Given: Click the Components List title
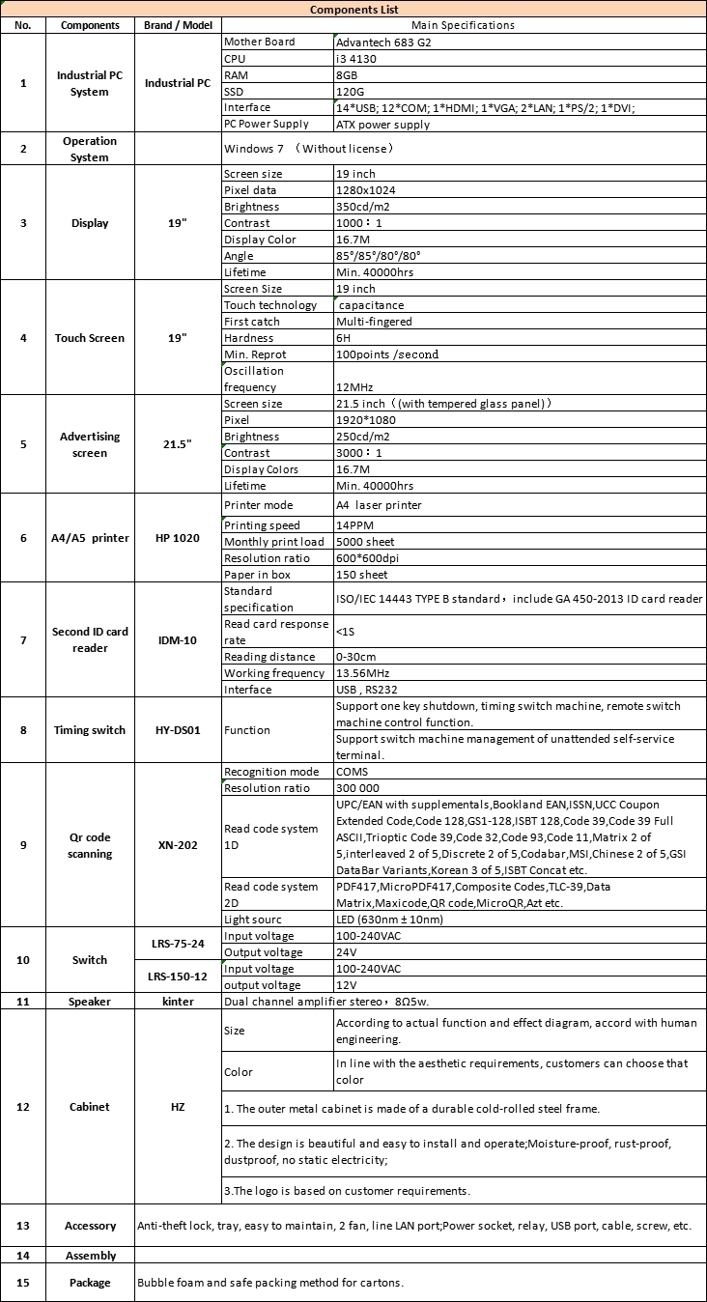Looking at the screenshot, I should click(353, 9).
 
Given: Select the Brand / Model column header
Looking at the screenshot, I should click(177, 25).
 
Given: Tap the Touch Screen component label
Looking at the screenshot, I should click(90, 338).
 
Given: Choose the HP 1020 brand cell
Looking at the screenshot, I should click(177, 538).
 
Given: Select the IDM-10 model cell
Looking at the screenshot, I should click(177, 640).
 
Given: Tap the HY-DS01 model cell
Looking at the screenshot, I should click(177, 730).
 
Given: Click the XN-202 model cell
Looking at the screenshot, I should click(177, 845).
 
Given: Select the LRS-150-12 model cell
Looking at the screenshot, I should click(177, 976).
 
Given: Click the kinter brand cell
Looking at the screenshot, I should click(177, 1002).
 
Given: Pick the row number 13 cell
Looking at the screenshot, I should click(23, 1226).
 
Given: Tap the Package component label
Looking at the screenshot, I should click(90, 1283).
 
